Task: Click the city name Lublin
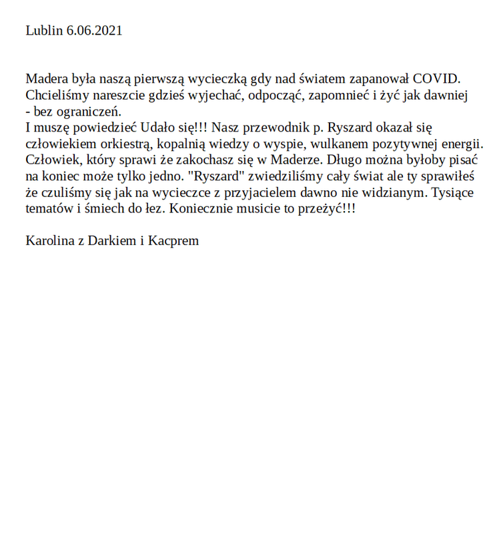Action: coord(44,31)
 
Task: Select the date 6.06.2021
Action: coord(95,31)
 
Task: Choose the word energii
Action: coord(462,144)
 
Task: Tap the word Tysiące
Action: coord(453,192)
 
